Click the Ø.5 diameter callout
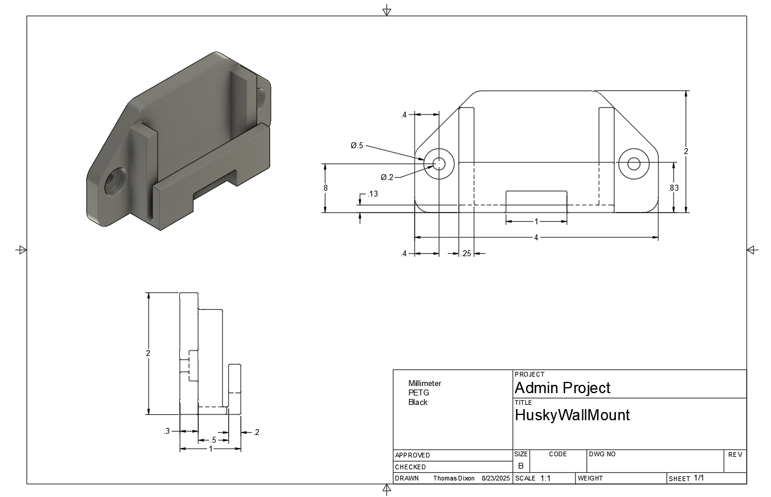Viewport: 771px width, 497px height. click(x=357, y=145)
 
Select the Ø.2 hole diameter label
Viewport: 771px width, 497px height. click(x=387, y=177)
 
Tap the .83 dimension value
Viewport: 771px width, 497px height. click(x=674, y=188)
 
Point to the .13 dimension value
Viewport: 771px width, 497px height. click(x=373, y=194)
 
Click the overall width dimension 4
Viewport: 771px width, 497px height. click(x=536, y=237)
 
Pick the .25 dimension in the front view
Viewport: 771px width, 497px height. click(x=467, y=254)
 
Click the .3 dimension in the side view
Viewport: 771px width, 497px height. click(x=166, y=431)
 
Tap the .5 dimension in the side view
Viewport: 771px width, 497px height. click(x=212, y=440)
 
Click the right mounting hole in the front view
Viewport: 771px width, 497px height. click(x=634, y=164)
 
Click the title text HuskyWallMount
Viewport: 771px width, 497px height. click(x=572, y=415)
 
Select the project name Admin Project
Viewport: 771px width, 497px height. click(x=562, y=388)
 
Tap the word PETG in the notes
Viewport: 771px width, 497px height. click(x=419, y=393)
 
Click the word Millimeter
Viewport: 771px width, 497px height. click(x=424, y=383)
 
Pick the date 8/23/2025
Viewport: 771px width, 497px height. click(x=496, y=478)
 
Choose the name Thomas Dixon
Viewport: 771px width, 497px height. click(x=454, y=478)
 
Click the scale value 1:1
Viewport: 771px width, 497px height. click(x=545, y=478)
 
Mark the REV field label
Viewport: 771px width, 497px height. click(x=734, y=455)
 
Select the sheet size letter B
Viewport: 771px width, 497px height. click(x=520, y=466)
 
